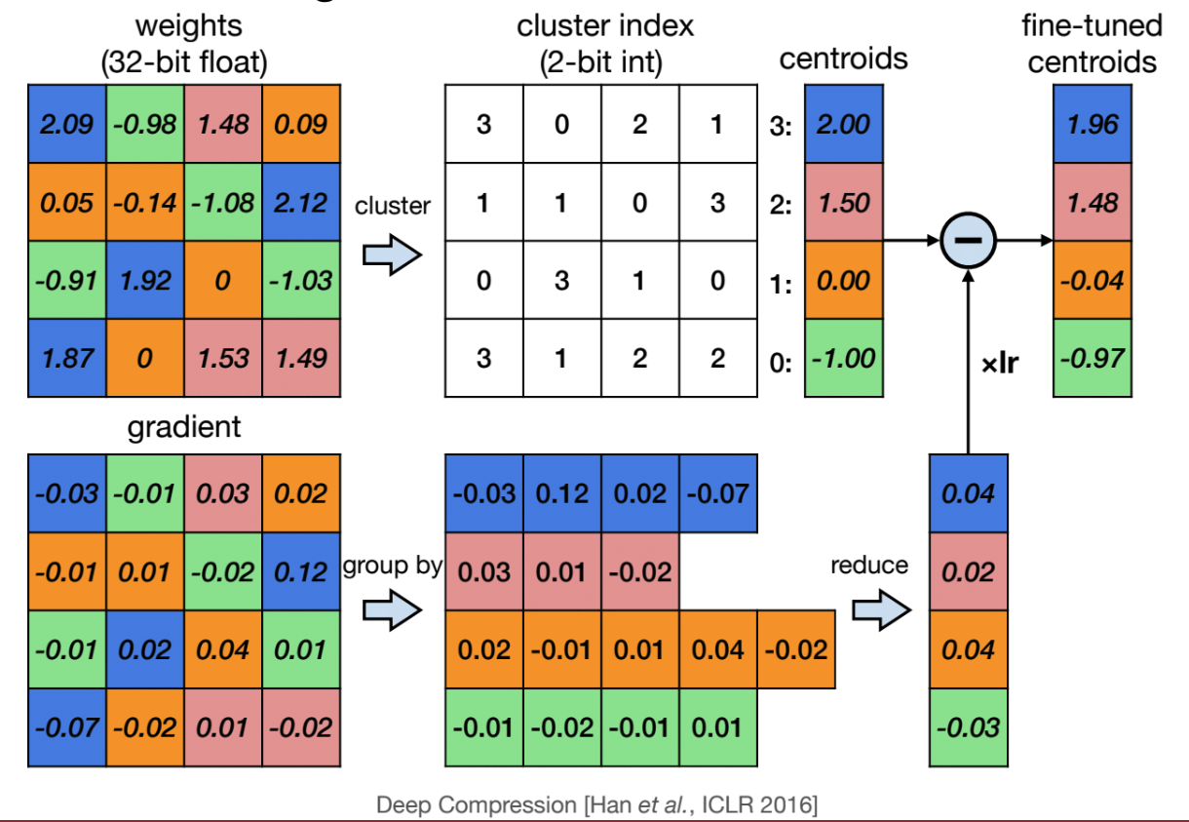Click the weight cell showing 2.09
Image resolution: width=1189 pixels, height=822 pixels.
pyautogui.click(x=67, y=125)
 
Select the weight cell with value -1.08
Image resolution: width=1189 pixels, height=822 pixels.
pyautogui.click(x=223, y=203)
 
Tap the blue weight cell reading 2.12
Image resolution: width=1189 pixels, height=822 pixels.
pyautogui.click(x=301, y=203)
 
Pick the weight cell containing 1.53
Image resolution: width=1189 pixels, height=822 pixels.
pyautogui.click(x=223, y=359)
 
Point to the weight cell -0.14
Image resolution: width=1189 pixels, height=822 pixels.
pyautogui.click(x=145, y=203)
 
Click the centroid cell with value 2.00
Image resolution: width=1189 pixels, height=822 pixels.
pyautogui.click(x=843, y=125)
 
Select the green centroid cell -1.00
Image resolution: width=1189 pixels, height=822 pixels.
pyautogui.click(x=843, y=359)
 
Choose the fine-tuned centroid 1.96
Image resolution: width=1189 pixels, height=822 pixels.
pyautogui.click(x=1093, y=125)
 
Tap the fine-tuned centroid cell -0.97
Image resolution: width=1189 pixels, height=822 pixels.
pyautogui.click(x=1093, y=359)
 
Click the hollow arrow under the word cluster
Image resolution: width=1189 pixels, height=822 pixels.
pyautogui.click(x=391, y=255)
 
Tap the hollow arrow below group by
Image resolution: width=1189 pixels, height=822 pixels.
pyautogui.click(x=391, y=611)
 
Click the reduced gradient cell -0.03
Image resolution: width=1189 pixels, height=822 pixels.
pyautogui.click(x=968, y=727)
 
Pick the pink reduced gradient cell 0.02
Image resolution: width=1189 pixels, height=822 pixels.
pyautogui.click(x=968, y=571)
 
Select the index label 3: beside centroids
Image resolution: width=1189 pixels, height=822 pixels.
pyautogui.click(x=780, y=127)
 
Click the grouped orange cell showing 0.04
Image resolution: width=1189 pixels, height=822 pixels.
pyautogui.click(x=718, y=649)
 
